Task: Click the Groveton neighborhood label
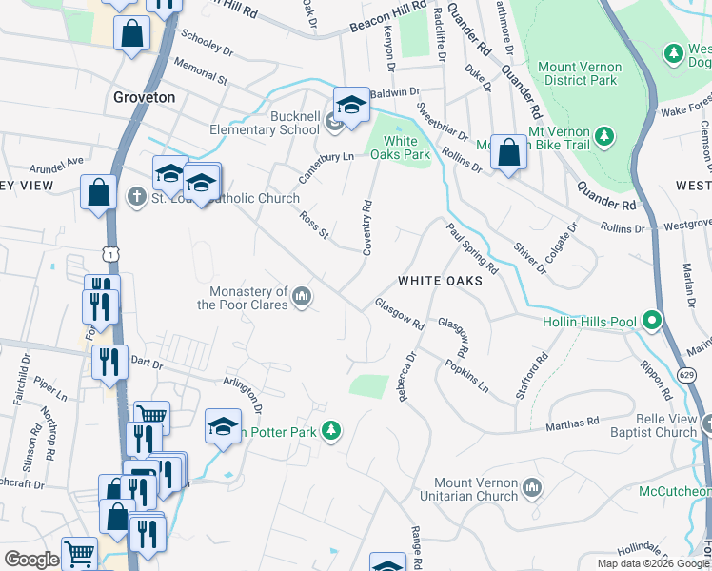144,97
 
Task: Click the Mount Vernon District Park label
580,73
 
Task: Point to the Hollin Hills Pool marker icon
652,321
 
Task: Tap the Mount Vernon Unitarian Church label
473,489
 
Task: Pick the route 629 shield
687,375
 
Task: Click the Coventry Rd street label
366,226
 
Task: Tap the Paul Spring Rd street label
472,247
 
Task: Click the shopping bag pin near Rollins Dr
509,151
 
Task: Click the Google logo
31,561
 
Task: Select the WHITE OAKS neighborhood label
434,281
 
